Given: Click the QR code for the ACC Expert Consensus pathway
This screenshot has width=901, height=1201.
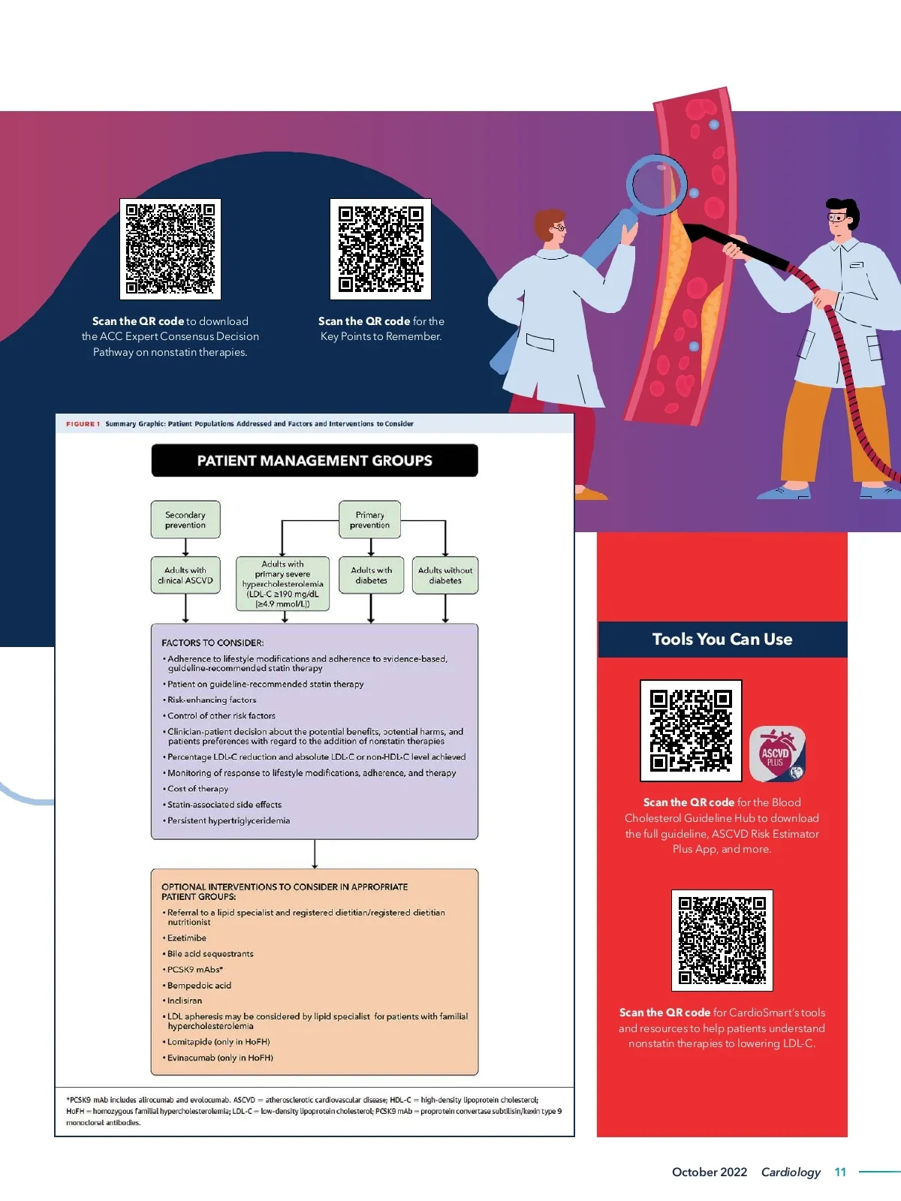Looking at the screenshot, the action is tap(170, 249).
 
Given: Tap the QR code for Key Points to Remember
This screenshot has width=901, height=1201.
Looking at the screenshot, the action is tap(381, 249).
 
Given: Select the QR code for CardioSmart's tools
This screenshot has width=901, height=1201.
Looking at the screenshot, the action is tap(722, 940).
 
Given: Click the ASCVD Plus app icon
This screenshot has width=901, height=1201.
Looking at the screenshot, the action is tap(777, 754).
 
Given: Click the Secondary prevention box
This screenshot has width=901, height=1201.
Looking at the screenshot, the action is tap(185, 519).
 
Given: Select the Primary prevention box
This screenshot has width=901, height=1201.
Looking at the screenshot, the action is tap(370, 519).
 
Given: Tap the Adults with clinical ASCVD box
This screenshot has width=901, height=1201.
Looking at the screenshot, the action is tap(185, 575).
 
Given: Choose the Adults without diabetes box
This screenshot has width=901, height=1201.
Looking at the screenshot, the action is tap(445, 575).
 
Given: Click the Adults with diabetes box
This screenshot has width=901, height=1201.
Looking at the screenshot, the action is tap(372, 575).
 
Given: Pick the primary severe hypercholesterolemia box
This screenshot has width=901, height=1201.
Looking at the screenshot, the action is tap(283, 584).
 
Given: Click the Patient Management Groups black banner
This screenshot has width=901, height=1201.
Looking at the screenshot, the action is tap(315, 460).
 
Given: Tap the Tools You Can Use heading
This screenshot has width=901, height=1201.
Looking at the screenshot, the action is tap(722, 639).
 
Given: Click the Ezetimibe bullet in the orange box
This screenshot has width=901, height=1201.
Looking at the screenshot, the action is tap(185, 938).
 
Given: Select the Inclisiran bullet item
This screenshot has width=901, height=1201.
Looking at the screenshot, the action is tap(182, 1001).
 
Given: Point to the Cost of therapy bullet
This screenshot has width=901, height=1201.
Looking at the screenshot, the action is tap(195, 789).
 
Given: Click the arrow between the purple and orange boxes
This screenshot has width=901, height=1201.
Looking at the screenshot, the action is tap(315, 854).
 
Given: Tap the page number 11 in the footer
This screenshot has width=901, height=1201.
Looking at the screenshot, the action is tap(840, 1172).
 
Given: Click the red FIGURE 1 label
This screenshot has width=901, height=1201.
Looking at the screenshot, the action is tap(83, 424).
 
